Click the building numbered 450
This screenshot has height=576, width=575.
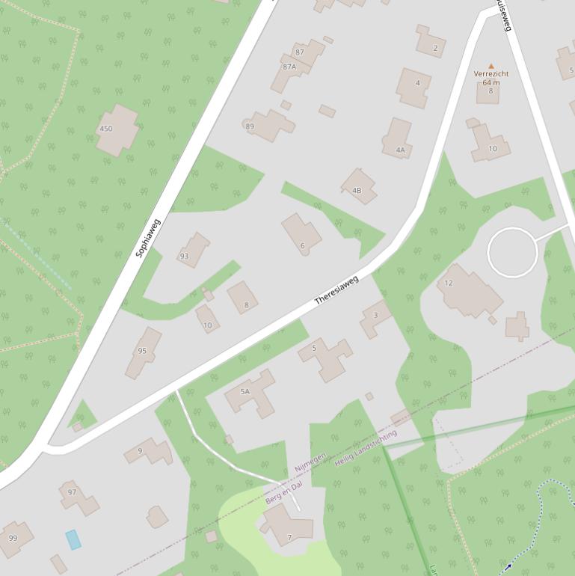(117, 129)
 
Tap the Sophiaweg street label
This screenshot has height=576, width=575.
(148, 238)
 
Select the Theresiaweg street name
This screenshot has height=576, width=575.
(336, 289)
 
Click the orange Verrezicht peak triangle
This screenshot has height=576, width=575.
(491, 67)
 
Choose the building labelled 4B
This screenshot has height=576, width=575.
(357, 187)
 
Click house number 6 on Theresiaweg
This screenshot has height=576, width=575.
(302, 235)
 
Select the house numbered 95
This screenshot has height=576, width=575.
(143, 352)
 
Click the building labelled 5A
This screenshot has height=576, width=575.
(250, 392)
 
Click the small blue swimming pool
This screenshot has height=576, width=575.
(73, 539)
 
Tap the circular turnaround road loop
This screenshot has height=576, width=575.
(512, 252)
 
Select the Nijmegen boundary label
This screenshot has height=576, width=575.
(310, 462)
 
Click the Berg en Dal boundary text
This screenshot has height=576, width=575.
(284, 492)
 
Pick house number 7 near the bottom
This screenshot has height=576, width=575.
(286, 525)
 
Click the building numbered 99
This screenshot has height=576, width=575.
(14, 538)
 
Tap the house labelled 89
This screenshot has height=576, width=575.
(268, 125)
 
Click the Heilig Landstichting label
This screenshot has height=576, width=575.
(366, 448)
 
